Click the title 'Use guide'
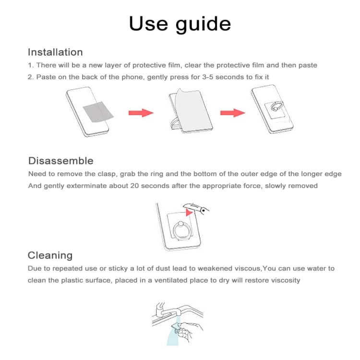180,24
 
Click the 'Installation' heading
55,52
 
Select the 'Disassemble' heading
60,161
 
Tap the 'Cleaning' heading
50,255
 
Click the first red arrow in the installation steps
141,113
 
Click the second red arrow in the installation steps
232,113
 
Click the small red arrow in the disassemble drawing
191,209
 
